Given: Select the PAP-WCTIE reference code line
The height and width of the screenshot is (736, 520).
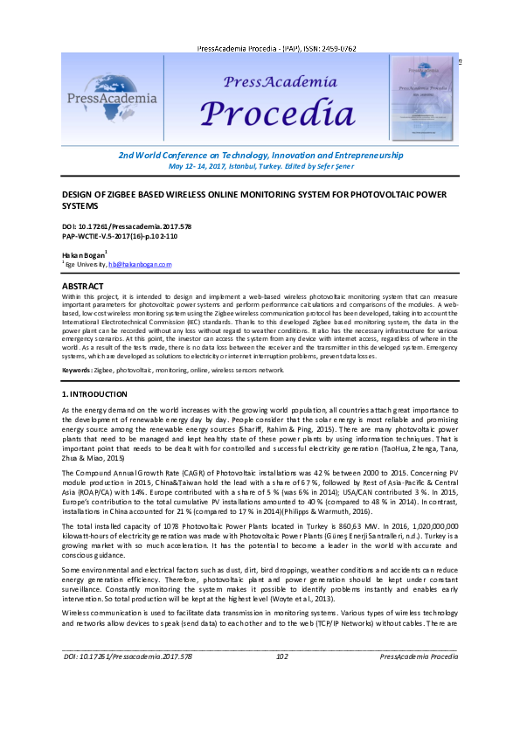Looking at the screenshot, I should [x=119, y=236].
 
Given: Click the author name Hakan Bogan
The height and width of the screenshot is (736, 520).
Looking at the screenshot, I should [x=83, y=254].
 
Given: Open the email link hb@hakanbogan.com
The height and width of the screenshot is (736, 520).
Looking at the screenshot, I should [x=140, y=264].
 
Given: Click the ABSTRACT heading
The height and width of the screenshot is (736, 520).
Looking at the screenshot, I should [x=83, y=287].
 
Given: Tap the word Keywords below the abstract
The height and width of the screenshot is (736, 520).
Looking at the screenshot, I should [x=77, y=371].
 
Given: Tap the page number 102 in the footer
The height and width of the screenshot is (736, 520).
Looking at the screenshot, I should [x=282, y=705].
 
